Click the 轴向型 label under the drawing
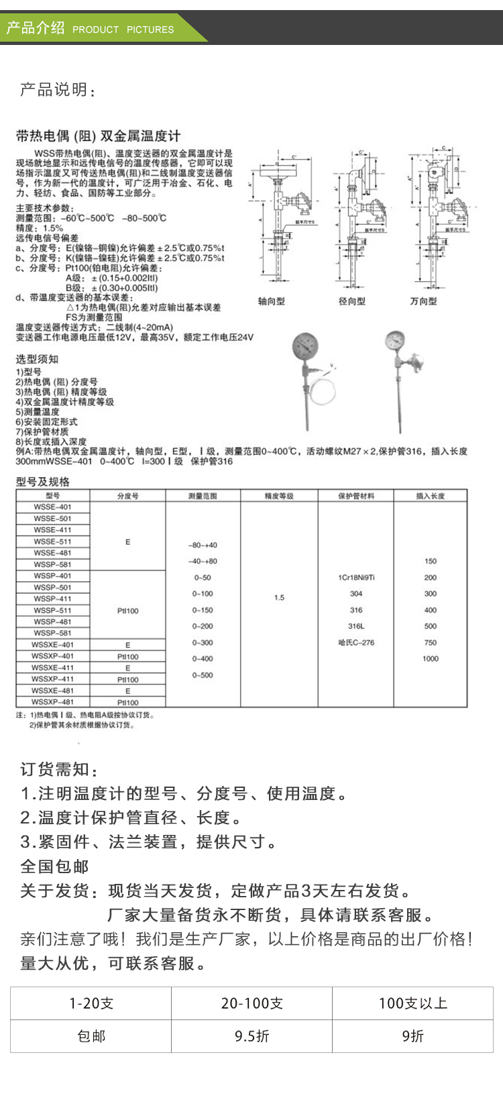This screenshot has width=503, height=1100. pyautogui.click(x=272, y=301)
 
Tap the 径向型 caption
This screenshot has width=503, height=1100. pyautogui.click(x=352, y=301)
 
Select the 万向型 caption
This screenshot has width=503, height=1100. pyautogui.click(x=423, y=301)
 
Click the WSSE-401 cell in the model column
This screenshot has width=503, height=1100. pyautogui.click(x=52, y=507)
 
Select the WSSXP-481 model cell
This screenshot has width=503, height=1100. pyautogui.click(x=52, y=702)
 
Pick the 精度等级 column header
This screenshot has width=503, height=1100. pyautogui.click(x=279, y=496)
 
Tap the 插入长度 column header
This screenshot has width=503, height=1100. pyautogui.click(x=430, y=496)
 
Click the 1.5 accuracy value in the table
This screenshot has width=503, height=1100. pyautogui.click(x=279, y=597)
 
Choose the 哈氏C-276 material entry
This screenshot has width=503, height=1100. pyautogui.click(x=356, y=642)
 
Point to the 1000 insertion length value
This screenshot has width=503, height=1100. pyautogui.click(x=430, y=658)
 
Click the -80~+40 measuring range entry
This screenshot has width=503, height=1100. pyautogui.click(x=203, y=545)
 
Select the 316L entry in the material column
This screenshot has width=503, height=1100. pyautogui.click(x=356, y=626)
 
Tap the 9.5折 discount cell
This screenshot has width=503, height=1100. pyautogui.click(x=251, y=1036)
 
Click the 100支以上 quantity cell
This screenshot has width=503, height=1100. pyautogui.click(x=412, y=1003)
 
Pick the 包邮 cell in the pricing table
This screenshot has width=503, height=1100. pyautogui.click(x=91, y=1036)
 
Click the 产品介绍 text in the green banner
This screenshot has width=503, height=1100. pyautogui.click(x=35, y=28)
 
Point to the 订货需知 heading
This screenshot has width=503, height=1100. pyautogui.click(x=59, y=770)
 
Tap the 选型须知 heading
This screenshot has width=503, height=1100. pyautogui.click(x=37, y=359)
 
